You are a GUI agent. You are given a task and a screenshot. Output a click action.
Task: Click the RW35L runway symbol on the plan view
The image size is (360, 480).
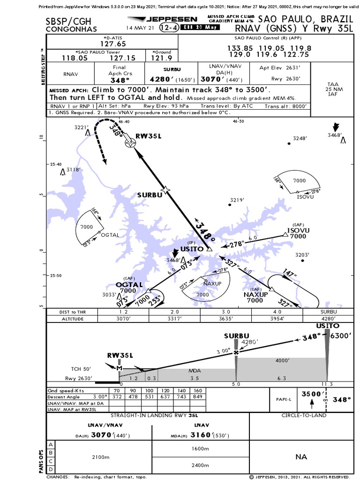pyautogui.click(x=129, y=144)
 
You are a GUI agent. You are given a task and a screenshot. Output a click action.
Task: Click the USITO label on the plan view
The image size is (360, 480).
pyautogui.click(x=192, y=249)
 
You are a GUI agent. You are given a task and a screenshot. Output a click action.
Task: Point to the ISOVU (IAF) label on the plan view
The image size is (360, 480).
pyautogui.click(x=298, y=231)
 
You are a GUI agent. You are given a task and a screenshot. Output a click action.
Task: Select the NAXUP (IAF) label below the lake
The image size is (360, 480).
pyautogui.click(x=255, y=295)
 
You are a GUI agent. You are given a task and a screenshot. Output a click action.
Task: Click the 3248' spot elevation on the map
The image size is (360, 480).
pyautogui.click(x=300, y=138)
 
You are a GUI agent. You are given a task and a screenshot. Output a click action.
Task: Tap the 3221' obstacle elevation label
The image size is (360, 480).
pyautogui.click(x=81, y=127)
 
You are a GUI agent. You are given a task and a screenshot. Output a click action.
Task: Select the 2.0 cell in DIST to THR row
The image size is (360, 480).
pyautogui.click(x=175, y=312)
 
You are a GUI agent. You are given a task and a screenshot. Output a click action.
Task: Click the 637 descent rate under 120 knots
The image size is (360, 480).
pyautogui.click(x=164, y=397)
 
